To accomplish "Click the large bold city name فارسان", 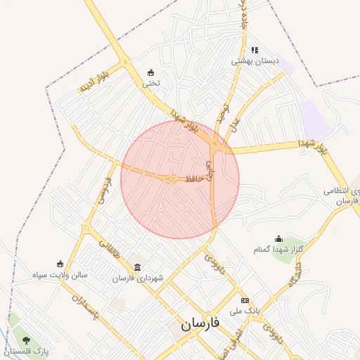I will pyautogui.click(x=199, y=324).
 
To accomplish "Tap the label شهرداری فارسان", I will pyautogui.click(x=138, y=278).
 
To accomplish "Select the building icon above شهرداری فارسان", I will pyautogui.click(x=136, y=267).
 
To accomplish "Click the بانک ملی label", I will pyautogui.click(x=245, y=310).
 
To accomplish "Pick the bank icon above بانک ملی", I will pyautogui.click(x=245, y=300).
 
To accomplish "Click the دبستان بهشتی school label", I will pyautogui.click(x=256, y=61).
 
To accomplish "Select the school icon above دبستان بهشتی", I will pyautogui.click(x=255, y=50).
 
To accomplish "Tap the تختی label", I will pyautogui.click(x=152, y=83).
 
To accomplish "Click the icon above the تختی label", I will pyautogui.click(x=151, y=72).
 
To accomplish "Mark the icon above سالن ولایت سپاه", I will pyautogui.click(x=59, y=264).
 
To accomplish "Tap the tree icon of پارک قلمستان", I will pyautogui.click(x=26, y=340).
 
